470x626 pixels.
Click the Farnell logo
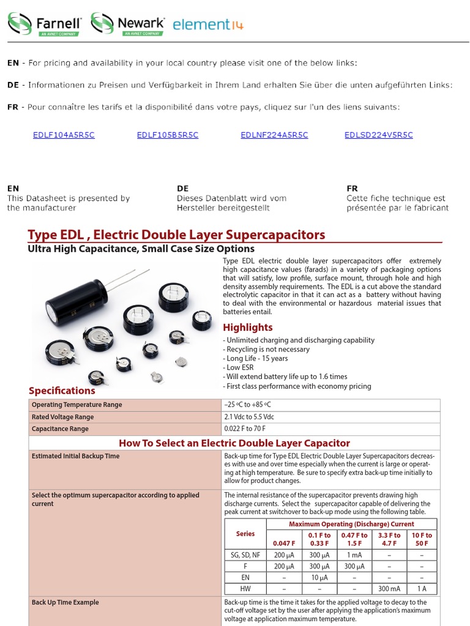click(x=45, y=24)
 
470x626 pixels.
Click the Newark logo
click(x=128, y=24)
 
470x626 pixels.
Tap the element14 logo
click(x=208, y=24)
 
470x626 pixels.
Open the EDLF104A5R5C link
click(x=64, y=135)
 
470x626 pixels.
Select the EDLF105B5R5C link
click(x=168, y=135)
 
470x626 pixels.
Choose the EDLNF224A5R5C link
click(x=274, y=135)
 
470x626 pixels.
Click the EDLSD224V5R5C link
click(x=379, y=135)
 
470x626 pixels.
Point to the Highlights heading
click(x=247, y=327)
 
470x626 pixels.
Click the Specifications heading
click(x=62, y=391)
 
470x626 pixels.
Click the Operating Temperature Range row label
click(x=76, y=405)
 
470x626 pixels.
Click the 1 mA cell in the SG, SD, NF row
click(x=354, y=555)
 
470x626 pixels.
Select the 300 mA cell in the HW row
click(x=389, y=589)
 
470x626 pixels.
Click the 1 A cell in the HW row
click(x=422, y=589)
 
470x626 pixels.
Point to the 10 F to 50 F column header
click(x=422, y=539)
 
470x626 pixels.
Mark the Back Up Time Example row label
click(x=65, y=602)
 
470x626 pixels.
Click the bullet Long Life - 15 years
click(x=256, y=358)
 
